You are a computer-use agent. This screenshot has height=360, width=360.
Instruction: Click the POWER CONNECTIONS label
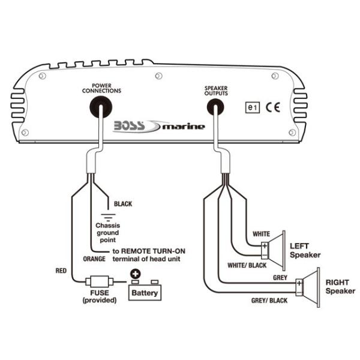click(x=101, y=88)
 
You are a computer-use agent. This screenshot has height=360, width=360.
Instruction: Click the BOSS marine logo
click(x=158, y=126)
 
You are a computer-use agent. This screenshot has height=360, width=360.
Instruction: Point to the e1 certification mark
click(x=253, y=108)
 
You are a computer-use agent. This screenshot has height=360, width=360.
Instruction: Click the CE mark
click(x=273, y=108)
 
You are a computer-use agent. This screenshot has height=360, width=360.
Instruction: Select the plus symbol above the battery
click(x=135, y=272)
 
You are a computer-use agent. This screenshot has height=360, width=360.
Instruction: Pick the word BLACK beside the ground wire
click(x=123, y=204)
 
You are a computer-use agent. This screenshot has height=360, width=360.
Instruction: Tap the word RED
click(x=61, y=271)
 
